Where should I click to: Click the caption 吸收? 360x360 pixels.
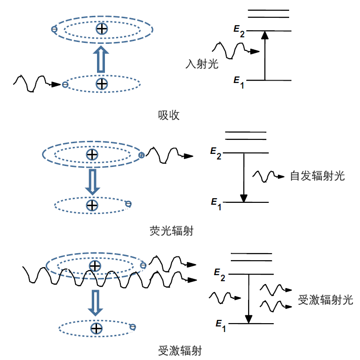pyautogui.click(x=168, y=115)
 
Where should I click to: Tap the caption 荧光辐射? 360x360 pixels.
pyautogui.click(x=172, y=231)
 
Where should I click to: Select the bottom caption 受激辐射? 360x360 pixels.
pyautogui.click(x=180, y=351)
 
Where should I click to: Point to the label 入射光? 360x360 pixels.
pyautogui.click(x=202, y=64)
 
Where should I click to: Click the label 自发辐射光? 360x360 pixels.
pyautogui.click(x=317, y=176)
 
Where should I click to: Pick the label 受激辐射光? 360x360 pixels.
pyautogui.click(x=325, y=300)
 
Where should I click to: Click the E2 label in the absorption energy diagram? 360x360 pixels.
pyautogui.click(x=239, y=31)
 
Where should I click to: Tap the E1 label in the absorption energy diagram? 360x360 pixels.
pyautogui.click(x=239, y=82)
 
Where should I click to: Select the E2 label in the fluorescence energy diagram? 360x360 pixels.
pyautogui.click(x=216, y=153)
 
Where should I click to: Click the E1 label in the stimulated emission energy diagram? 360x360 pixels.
pyautogui.click(x=221, y=325)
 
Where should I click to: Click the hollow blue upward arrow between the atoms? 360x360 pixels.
pyautogui.click(x=101, y=59)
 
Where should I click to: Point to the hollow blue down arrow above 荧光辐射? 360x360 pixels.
pyautogui.click(x=92, y=182)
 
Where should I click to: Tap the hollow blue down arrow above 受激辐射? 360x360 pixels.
pyautogui.click(x=96, y=303)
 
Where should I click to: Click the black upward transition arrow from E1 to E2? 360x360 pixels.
pyautogui.click(x=265, y=55)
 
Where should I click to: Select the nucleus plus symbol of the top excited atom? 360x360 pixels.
pyautogui.click(x=102, y=29)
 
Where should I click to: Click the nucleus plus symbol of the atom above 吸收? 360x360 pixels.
pyautogui.click(x=102, y=83)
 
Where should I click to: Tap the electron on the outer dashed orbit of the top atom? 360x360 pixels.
pyautogui.click(x=54, y=29)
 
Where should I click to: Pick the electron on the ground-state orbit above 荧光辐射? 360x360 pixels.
pyautogui.click(x=128, y=204)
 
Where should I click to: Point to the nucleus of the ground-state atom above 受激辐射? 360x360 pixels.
pyautogui.click(x=97, y=328)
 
